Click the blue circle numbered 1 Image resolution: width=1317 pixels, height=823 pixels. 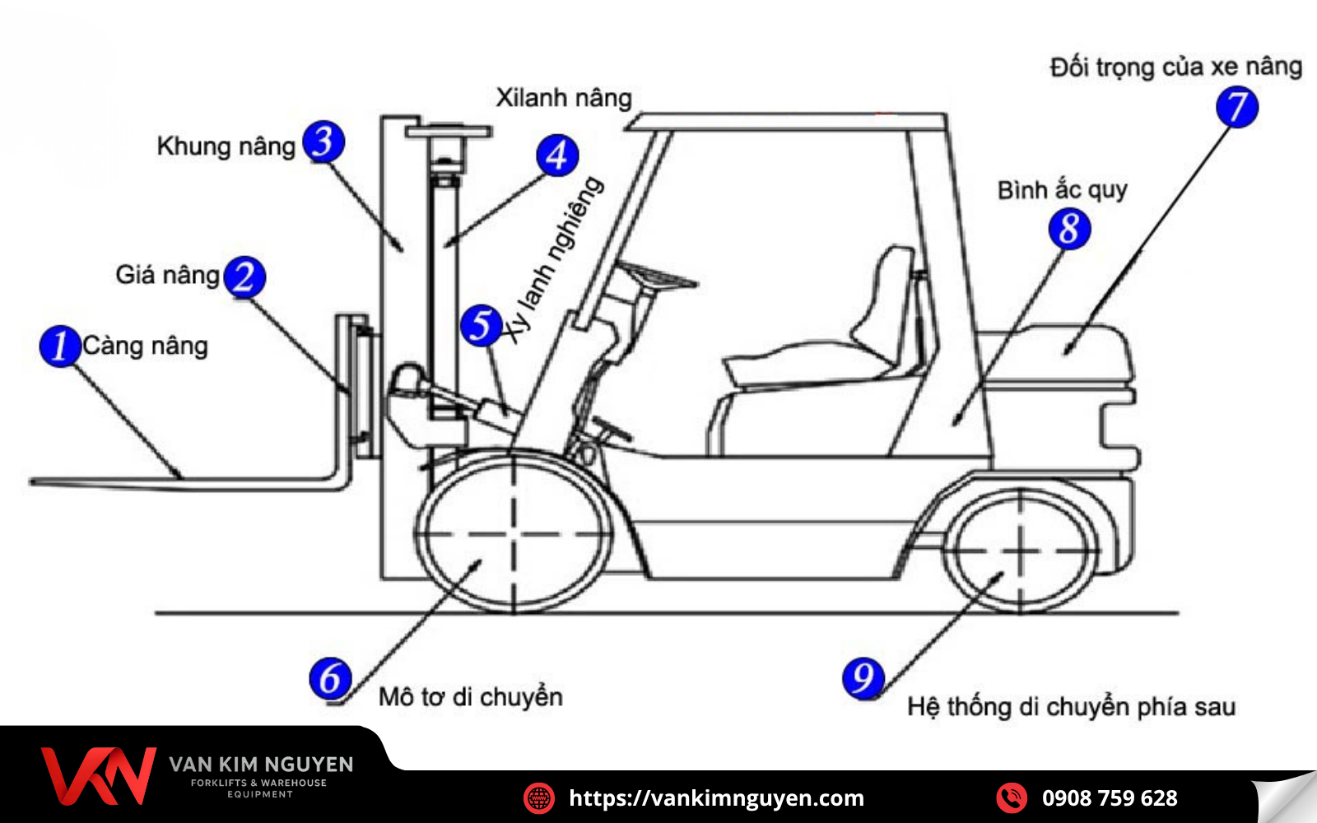(x=59, y=346)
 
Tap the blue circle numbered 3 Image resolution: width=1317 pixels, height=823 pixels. (x=323, y=142)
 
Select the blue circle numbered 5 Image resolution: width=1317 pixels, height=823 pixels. (x=481, y=325)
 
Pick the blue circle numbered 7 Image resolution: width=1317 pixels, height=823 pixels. (x=1237, y=107)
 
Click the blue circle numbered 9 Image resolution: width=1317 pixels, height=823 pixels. (x=863, y=678)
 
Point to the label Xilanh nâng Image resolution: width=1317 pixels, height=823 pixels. (x=564, y=98)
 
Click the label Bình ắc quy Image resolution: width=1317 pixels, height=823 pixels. (x=1062, y=190)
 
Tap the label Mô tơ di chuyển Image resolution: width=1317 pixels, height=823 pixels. (x=470, y=697)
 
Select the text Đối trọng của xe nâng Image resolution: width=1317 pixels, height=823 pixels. (x=1175, y=67)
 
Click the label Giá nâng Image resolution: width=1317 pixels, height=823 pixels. (x=167, y=275)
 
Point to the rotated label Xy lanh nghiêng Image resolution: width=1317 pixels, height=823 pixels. (x=554, y=259)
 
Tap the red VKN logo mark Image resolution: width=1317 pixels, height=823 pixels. (x=98, y=775)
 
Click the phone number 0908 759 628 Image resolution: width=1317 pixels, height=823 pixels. (x=1109, y=798)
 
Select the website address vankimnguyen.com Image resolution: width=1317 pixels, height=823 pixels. (x=716, y=798)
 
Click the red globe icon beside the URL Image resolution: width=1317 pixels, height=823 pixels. (x=539, y=798)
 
